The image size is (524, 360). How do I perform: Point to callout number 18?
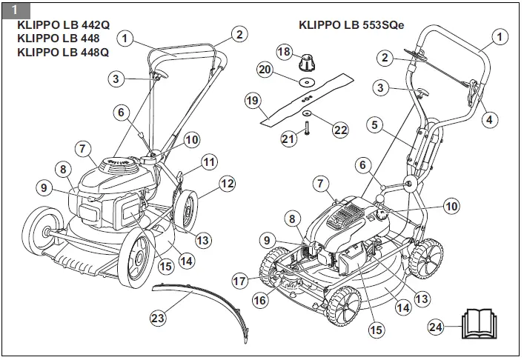(x=284, y=51)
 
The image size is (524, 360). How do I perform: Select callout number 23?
(x=157, y=318)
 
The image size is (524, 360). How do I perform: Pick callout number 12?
(x=227, y=182)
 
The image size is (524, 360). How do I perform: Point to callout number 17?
(x=239, y=281)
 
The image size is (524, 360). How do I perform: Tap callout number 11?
(x=210, y=161)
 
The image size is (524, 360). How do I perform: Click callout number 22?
(x=339, y=130)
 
